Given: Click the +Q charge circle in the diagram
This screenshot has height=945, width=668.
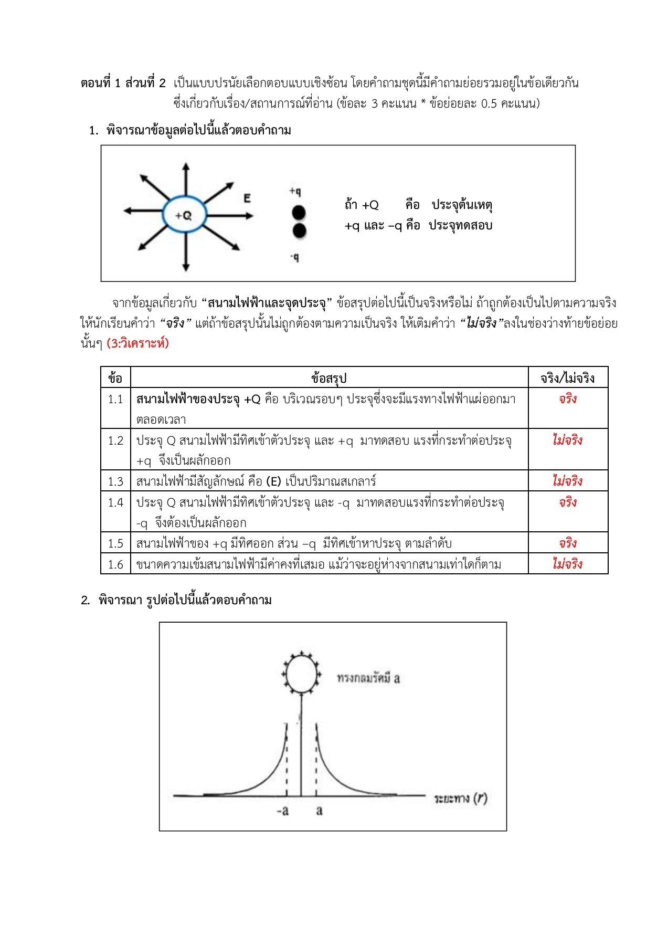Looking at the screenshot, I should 184,215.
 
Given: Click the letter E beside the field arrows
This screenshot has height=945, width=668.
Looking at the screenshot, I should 247,198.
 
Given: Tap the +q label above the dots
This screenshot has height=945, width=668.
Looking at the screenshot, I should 295,192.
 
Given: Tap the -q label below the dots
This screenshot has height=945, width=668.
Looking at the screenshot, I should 295,257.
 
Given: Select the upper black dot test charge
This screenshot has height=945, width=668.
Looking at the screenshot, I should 299,213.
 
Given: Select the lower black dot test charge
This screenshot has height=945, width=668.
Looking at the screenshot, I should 299,230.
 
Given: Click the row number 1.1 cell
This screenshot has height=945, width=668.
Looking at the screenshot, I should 115,400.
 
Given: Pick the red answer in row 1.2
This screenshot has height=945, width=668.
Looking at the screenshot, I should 567,440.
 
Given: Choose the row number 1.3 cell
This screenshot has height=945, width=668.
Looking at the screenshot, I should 115,481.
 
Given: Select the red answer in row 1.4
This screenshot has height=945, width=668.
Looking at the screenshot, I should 567,502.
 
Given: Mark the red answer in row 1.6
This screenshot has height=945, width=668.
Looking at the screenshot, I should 567,564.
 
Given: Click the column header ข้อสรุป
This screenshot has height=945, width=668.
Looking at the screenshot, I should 329,378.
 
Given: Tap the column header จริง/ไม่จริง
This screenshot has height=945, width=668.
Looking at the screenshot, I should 567,378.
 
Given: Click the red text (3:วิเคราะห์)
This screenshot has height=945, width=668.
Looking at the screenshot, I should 137,344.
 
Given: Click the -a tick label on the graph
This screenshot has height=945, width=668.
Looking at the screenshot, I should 282,811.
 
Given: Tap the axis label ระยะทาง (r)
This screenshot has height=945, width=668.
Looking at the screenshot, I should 460,799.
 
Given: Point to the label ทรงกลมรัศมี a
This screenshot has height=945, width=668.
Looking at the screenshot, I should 368,678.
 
